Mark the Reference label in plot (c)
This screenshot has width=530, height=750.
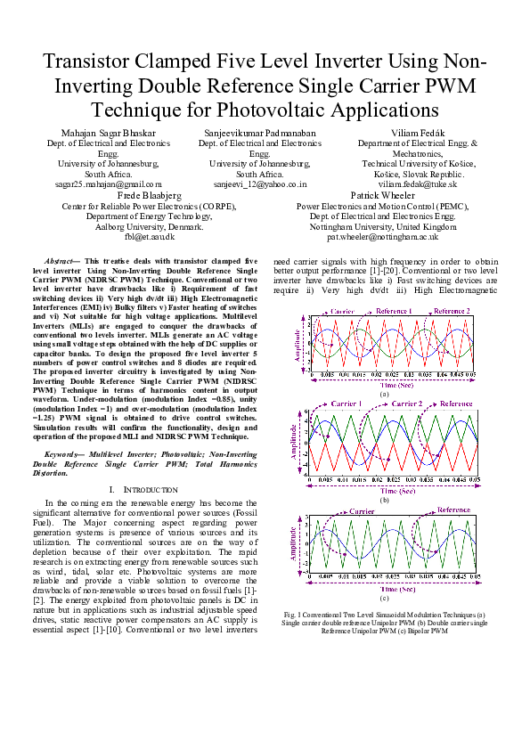(453, 510)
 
